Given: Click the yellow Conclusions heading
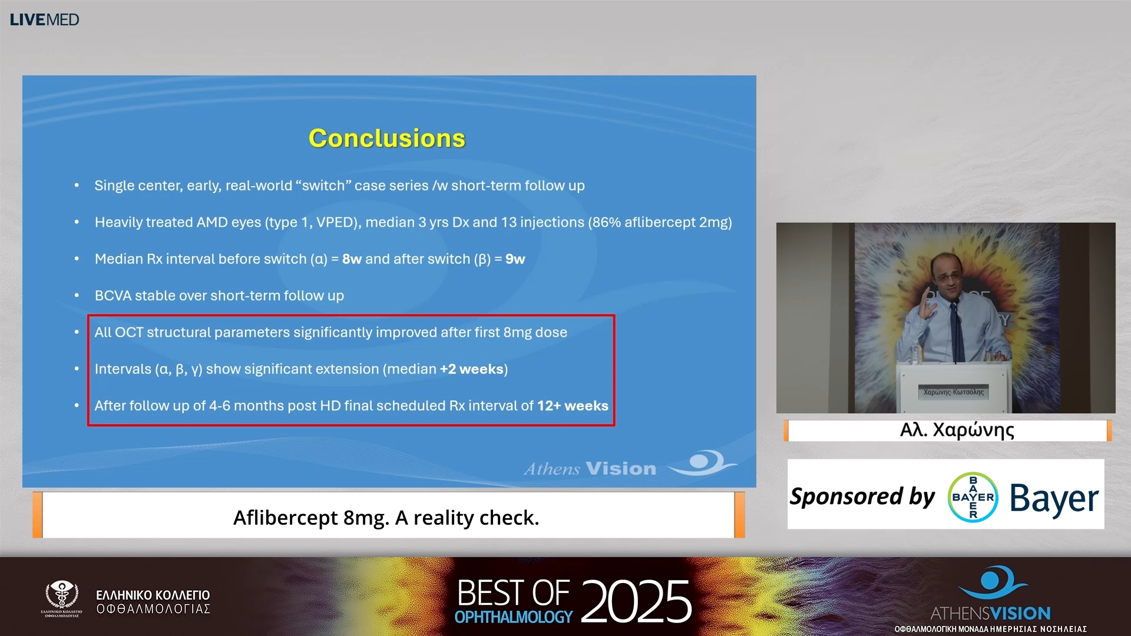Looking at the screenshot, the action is click(387, 138).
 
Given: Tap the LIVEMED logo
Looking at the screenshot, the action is click(44, 19).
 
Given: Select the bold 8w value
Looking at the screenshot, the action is click(352, 259).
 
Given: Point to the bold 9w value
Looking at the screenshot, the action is click(515, 259).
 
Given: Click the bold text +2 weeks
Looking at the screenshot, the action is click(471, 369).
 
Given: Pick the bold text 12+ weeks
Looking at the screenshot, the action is click(573, 406).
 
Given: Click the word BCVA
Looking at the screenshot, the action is click(113, 296).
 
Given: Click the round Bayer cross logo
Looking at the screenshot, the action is click(973, 497).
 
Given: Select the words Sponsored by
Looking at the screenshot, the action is click(862, 496).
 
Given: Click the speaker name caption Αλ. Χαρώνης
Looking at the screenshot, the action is click(957, 430).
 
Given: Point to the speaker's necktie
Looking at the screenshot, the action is click(957, 333).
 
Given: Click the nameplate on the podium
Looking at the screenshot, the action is click(954, 392).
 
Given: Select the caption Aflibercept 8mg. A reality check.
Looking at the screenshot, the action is click(386, 518).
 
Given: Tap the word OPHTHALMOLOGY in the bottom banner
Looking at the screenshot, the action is click(514, 617).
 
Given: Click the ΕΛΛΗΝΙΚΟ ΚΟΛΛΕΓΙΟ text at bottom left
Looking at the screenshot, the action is click(153, 595).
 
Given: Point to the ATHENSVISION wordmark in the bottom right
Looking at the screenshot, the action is click(991, 613).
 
